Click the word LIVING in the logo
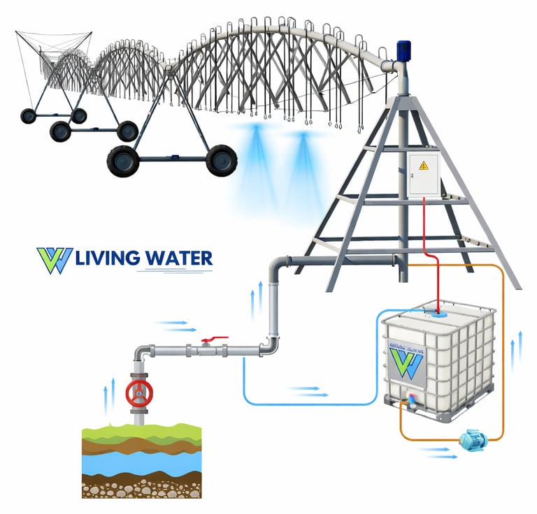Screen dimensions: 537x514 106,258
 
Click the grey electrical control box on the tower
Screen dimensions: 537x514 424,175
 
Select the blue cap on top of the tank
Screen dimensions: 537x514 439,315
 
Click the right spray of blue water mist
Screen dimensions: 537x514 303,154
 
